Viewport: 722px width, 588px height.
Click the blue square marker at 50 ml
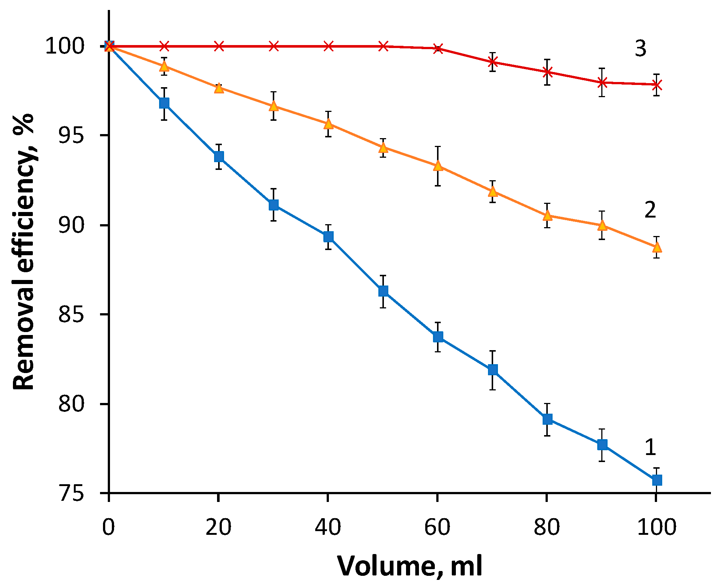click(383, 291)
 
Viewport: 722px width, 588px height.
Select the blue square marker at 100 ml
click(657, 480)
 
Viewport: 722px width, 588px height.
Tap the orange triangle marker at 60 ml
click(438, 166)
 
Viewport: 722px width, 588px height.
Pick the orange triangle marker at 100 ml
click(657, 247)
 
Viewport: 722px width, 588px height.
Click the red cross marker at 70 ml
click(492, 62)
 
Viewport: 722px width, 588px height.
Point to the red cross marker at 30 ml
click(274, 46)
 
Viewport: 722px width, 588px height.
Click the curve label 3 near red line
click(640, 48)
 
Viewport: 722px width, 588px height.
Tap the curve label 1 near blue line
click(650, 447)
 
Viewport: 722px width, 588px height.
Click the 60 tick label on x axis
click(437, 527)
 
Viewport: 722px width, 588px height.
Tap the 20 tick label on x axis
click(218, 527)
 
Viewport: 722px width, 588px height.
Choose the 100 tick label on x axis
click(656, 527)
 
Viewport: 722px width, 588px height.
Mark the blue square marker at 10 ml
click(164, 103)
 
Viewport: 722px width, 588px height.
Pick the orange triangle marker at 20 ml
click(219, 88)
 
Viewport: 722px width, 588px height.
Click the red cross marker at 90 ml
click(602, 82)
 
